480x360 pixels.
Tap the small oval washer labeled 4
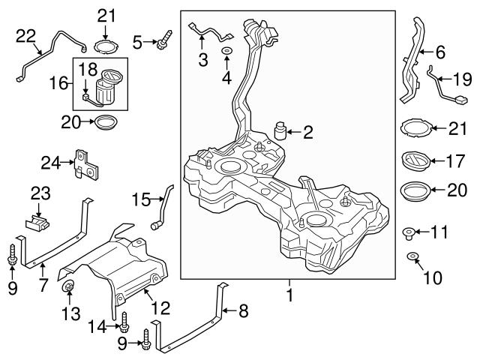(226, 50)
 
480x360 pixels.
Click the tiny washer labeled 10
(412, 259)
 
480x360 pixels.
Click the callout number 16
(62, 82)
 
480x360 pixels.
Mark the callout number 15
(139, 199)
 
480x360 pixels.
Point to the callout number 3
(202, 59)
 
